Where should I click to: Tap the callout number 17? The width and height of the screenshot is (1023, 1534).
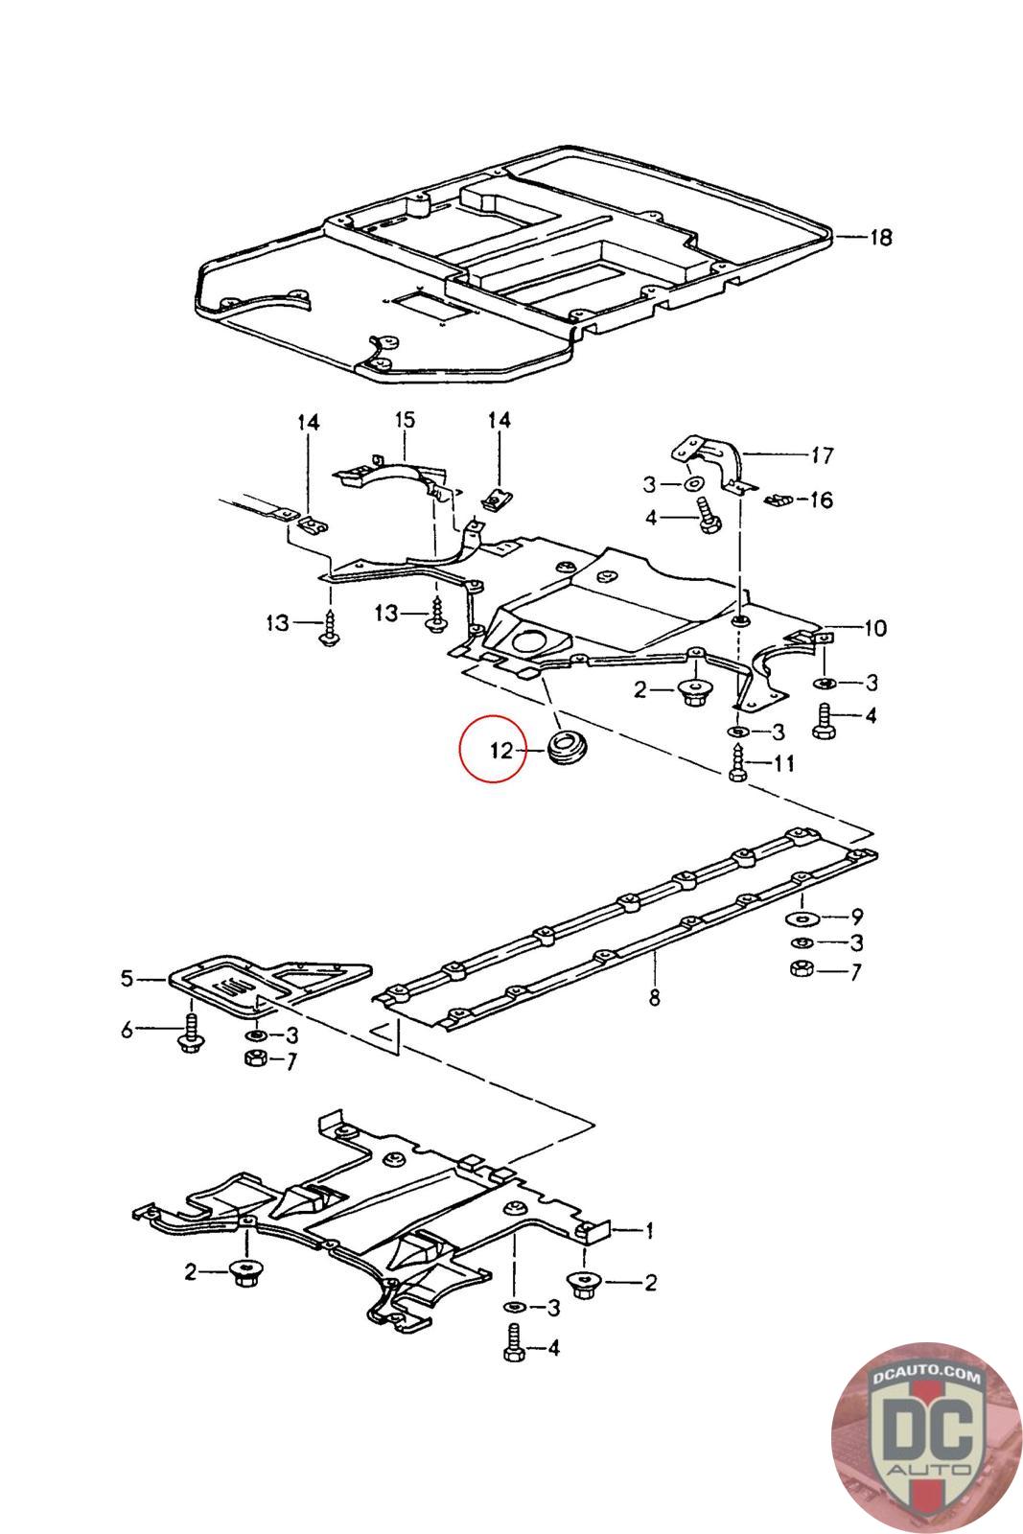[822, 454]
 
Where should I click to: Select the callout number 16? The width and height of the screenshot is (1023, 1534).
[821, 500]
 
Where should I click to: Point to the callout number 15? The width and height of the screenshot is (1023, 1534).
[405, 419]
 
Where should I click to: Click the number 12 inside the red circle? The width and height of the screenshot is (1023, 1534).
[501, 751]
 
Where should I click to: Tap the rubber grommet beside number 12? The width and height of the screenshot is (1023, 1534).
[568, 749]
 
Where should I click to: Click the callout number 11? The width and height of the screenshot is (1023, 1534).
[783, 763]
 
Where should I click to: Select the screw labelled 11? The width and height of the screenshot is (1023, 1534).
[736, 762]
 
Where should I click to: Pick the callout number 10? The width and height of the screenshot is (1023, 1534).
[875, 627]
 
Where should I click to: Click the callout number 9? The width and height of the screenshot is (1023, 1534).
[857, 917]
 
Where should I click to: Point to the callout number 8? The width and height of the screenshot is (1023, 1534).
[655, 998]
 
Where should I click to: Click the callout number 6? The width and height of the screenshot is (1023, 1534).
[127, 1030]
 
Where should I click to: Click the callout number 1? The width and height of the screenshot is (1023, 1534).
[648, 1231]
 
